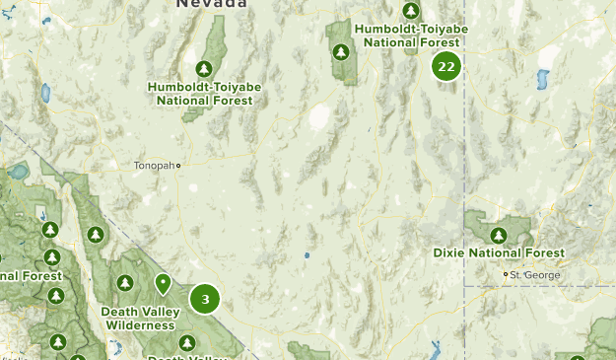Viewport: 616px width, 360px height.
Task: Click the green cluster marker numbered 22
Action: [446, 67]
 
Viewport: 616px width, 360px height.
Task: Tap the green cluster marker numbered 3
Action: [205, 299]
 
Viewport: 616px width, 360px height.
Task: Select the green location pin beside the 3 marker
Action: [163, 284]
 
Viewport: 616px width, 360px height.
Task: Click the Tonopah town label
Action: [153, 166]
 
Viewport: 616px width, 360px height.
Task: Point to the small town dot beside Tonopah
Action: [178, 166]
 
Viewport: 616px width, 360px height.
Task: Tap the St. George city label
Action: [536, 274]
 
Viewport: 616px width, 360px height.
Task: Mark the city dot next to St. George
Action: [506, 274]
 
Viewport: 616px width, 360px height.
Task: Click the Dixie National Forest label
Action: [499, 253]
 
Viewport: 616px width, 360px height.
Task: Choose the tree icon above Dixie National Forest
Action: [499, 235]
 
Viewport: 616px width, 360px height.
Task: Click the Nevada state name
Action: [212, 4]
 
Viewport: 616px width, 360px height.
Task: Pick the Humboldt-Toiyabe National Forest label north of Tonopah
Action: [205, 93]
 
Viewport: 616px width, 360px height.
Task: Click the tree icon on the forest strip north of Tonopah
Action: [204, 68]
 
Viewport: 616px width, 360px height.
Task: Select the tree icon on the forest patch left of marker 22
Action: [341, 51]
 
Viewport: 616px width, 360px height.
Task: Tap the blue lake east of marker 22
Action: [540, 79]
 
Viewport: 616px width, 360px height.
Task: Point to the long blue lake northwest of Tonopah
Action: [45, 94]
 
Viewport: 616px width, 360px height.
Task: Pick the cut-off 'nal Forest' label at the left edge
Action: [30, 276]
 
